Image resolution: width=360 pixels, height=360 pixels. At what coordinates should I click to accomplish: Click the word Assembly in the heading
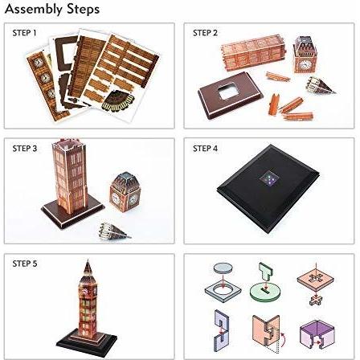point(34,10)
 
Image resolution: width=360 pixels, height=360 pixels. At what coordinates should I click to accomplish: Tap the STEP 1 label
point(24,33)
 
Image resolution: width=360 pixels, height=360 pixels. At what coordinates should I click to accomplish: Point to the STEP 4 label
point(205,149)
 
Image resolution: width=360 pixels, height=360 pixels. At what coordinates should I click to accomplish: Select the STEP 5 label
point(25,264)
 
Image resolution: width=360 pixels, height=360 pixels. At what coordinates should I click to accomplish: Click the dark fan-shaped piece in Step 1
point(118,100)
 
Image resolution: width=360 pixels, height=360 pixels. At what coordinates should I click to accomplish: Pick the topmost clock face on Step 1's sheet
point(39,62)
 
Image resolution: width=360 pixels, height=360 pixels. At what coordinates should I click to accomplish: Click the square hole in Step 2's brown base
point(227,91)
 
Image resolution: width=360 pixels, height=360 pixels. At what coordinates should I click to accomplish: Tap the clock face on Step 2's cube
point(304,64)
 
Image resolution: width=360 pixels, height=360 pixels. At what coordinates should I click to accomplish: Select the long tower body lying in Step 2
point(252,53)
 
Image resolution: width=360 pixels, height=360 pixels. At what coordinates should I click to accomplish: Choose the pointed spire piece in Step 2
point(320,85)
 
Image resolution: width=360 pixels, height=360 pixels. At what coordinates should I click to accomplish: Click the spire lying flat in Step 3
point(114,231)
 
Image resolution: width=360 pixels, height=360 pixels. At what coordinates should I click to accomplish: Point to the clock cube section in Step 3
point(125,192)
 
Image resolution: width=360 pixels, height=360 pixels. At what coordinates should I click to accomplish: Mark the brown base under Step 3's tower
point(72,212)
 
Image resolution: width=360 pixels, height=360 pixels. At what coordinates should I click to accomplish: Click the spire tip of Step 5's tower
point(88,260)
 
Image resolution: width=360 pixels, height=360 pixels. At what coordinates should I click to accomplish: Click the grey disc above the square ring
point(223,268)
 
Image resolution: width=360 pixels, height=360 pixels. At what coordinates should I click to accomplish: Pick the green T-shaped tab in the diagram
point(266,272)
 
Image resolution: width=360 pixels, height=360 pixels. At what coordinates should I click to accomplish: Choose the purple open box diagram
point(317,334)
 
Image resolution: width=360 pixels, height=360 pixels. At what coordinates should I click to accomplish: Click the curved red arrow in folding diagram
point(283,339)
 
